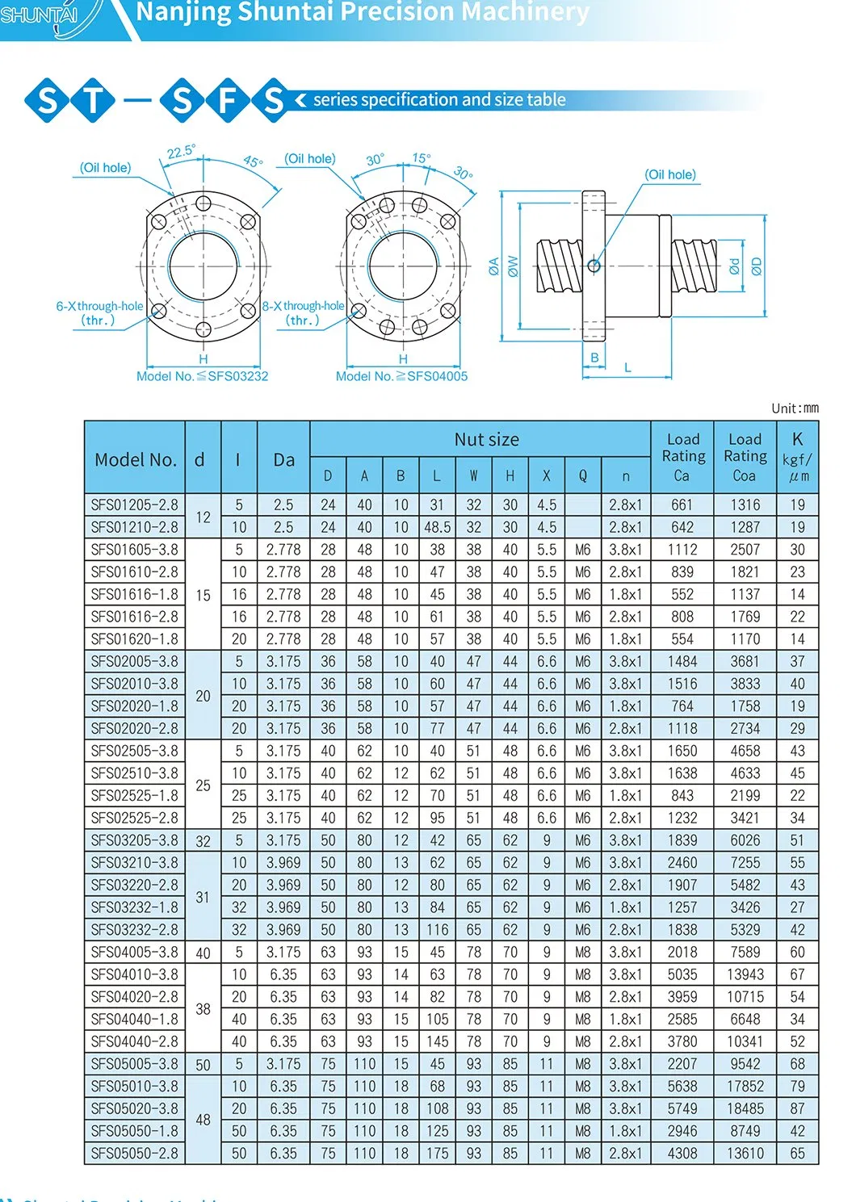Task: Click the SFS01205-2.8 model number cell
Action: coord(134,505)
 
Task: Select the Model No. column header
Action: coord(135,459)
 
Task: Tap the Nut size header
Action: coord(486,440)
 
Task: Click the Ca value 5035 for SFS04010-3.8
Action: coord(682,975)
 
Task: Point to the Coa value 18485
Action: coord(745,1109)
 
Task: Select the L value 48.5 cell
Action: coord(437,528)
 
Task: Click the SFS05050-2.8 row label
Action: coord(134,1154)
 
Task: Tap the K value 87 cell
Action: coord(797,1109)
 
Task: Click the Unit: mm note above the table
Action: coord(795,408)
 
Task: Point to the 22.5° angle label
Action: coord(181,152)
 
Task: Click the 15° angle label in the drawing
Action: coord(422,158)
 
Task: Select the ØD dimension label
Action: coord(757,266)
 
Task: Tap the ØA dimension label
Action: coord(493,266)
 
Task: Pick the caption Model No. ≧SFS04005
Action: coord(401,376)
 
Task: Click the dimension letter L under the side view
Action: coord(627,368)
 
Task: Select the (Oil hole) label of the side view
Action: coord(669,175)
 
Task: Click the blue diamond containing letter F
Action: coord(229,101)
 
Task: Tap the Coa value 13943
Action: coord(745,975)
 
